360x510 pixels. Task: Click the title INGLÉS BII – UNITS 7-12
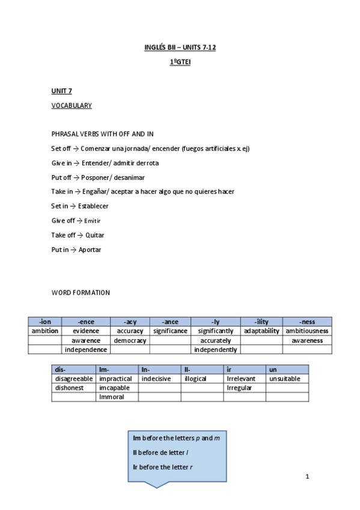(x=180, y=47)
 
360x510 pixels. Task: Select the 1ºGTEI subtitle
(x=180, y=61)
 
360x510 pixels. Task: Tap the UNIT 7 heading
(x=61, y=91)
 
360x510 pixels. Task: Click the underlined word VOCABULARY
(x=72, y=105)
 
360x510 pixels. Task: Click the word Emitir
(x=92, y=221)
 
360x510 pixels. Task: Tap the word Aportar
(x=90, y=250)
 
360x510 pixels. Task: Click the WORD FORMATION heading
(x=81, y=293)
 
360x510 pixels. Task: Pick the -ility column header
(x=261, y=322)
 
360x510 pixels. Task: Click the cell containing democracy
(x=130, y=340)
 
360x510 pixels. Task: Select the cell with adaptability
(x=261, y=331)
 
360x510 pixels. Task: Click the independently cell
(x=216, y=349)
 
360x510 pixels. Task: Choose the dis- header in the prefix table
(x=59, y=370)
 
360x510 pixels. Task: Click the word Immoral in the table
(x=112, y=397)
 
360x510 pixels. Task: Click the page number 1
(x=307, y=477)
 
